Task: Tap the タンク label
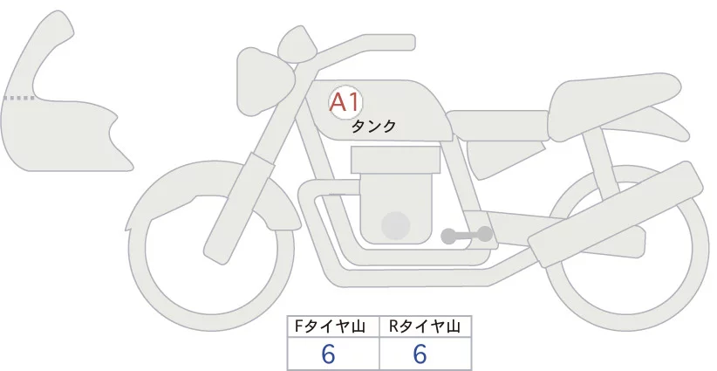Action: coord(373,127)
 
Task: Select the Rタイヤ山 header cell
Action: coord(425,326)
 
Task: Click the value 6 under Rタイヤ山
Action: coord(420,354)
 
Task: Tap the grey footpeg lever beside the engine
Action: coord(468,235)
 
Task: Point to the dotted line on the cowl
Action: coord(19,99)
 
